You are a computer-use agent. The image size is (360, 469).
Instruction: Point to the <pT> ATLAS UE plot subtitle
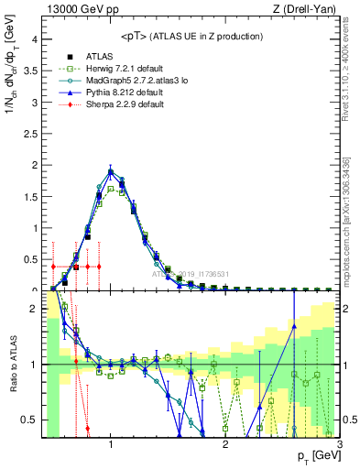click(x=191, y=36)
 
